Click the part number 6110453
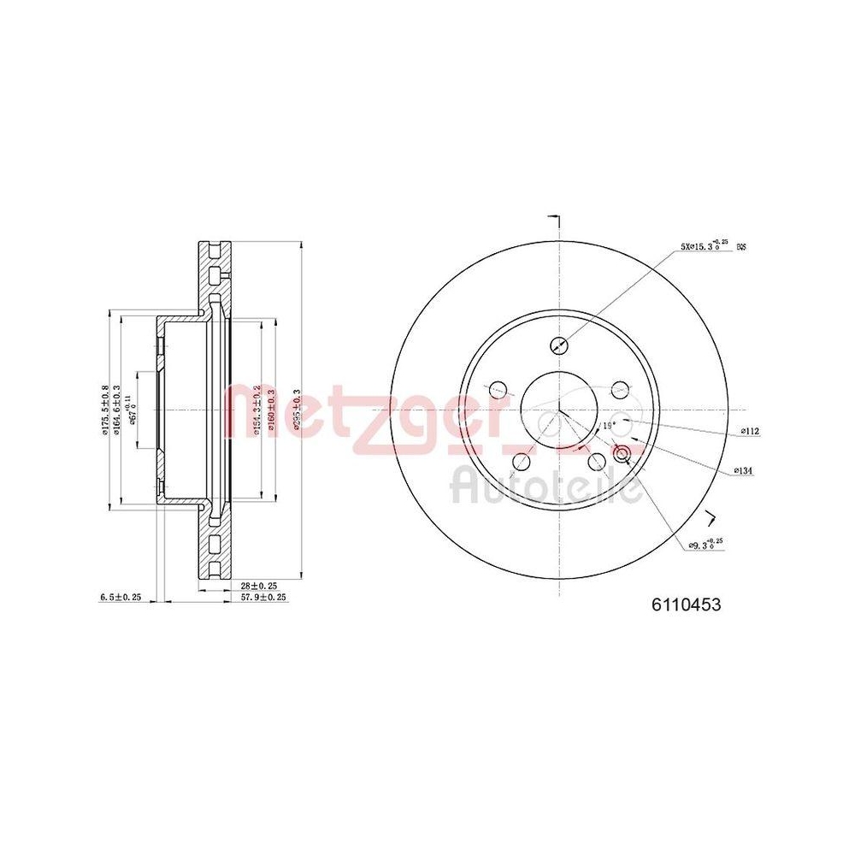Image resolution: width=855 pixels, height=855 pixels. (x=687, y=604)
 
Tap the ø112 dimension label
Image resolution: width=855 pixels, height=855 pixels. (x=751, y=431)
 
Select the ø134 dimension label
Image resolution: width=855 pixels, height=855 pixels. (x=742, y=471)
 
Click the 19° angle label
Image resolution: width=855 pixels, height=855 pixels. (x=609, y=425)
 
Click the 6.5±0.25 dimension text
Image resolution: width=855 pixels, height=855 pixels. (x=119, y=598)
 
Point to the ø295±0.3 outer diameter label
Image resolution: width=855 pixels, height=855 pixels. (x=295, y=413)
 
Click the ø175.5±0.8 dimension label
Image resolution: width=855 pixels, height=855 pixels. (x=104, y=410)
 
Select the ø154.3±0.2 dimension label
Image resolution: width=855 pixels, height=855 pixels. (x=256, y=411)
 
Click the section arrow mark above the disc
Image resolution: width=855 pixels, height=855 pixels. (x=554, y=220)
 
